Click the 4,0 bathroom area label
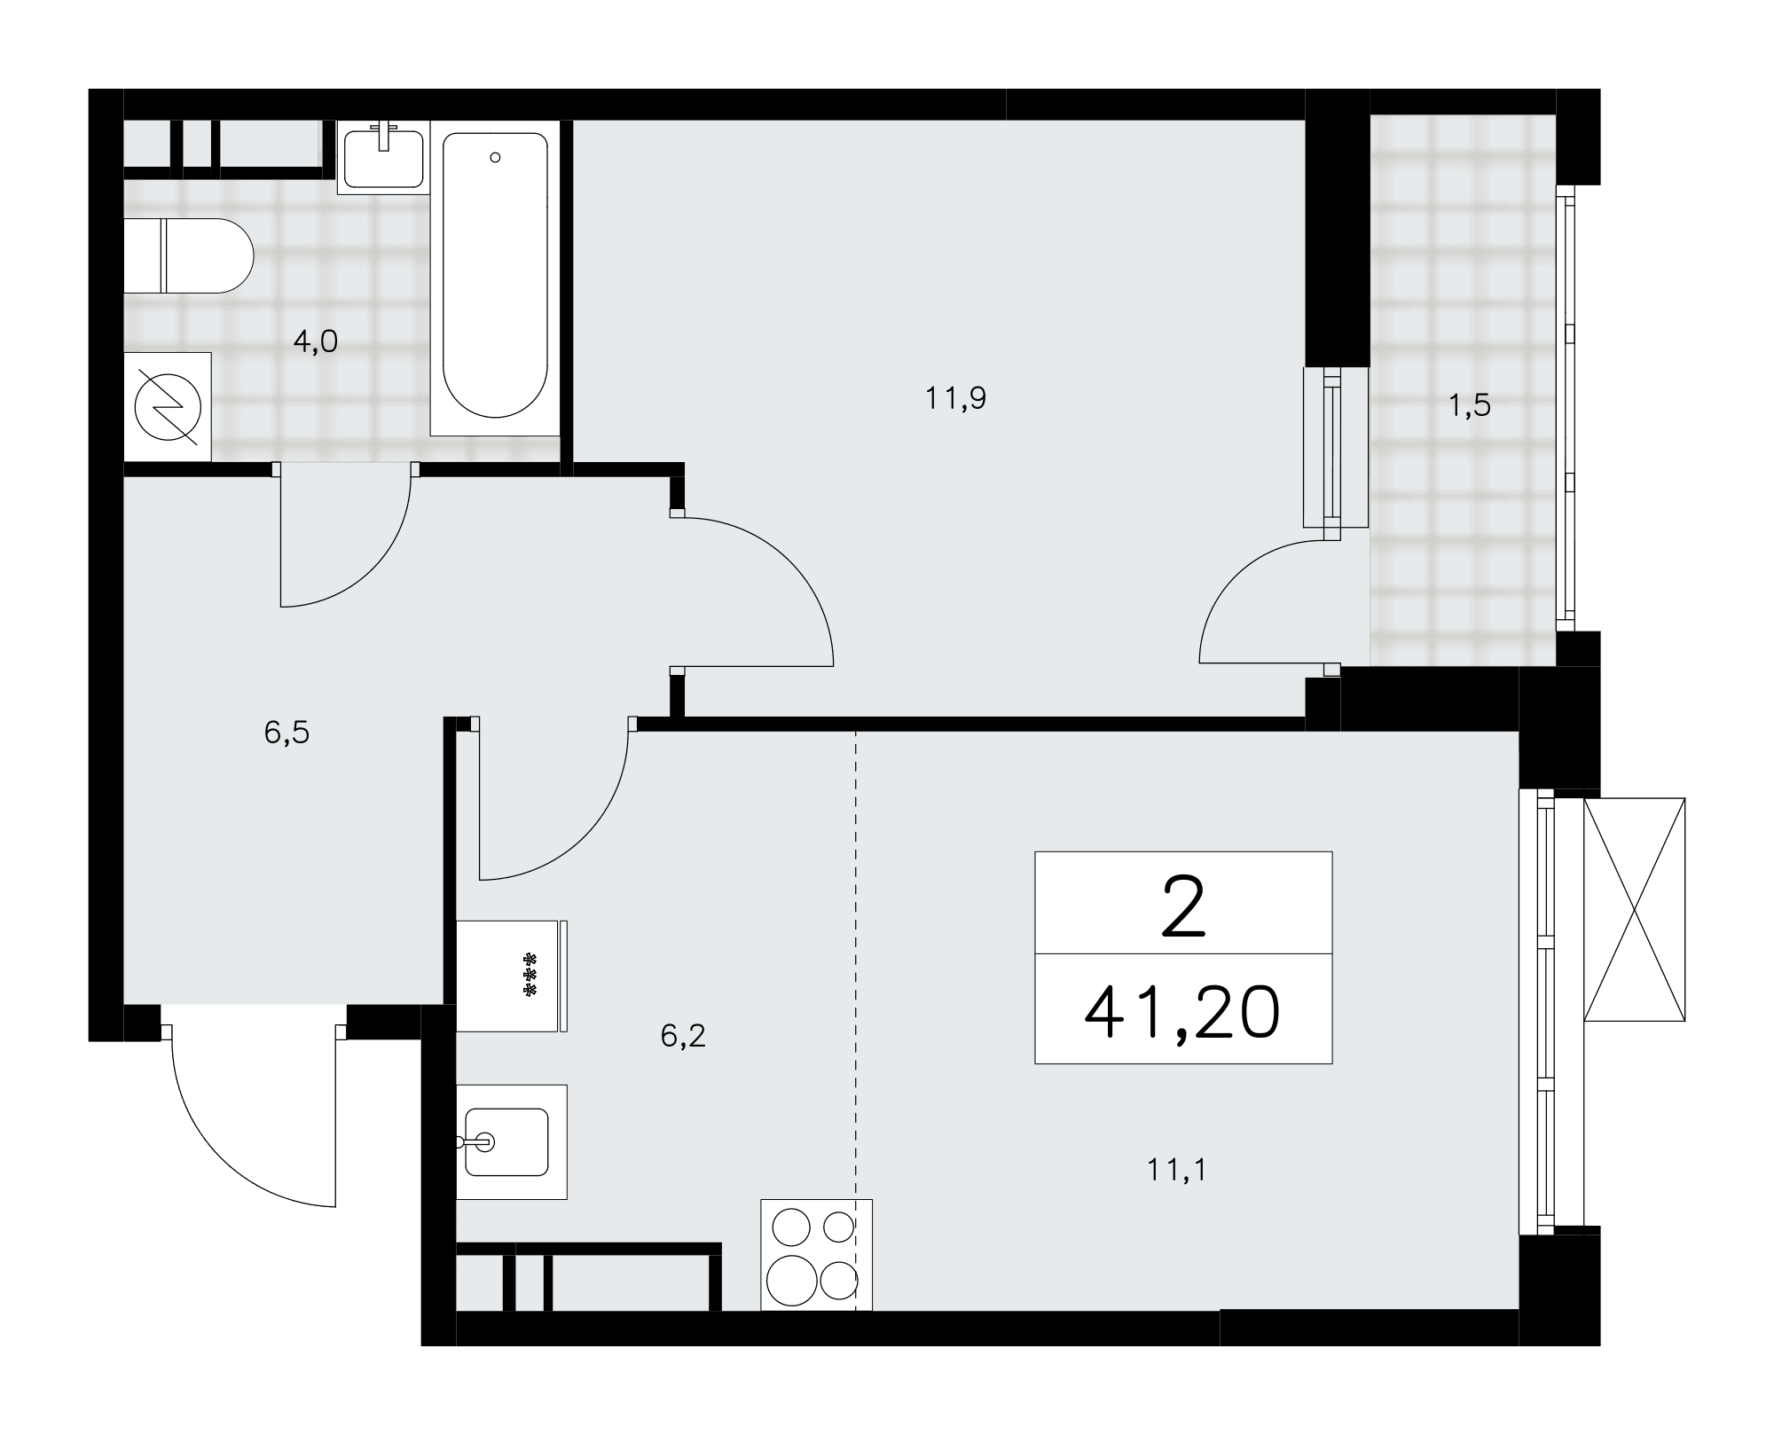coord(316,341)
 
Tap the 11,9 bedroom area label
coord(955,398)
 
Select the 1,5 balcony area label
coord(1469,405)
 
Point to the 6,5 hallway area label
coord(287,733)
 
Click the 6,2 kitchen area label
coord(683,1035)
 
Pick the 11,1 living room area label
coord(1177,1170)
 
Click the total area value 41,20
coord(1182,1013)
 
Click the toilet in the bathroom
coord(189,256)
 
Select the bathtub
coord(495,278)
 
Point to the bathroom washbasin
coord(383,158)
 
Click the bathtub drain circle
coord(495,157)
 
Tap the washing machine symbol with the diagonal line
coord(168,407)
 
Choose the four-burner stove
coord(816,1254)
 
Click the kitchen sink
coord(511,1142)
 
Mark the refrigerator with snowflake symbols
coord(512,976)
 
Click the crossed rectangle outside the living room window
coord(1634,909)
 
